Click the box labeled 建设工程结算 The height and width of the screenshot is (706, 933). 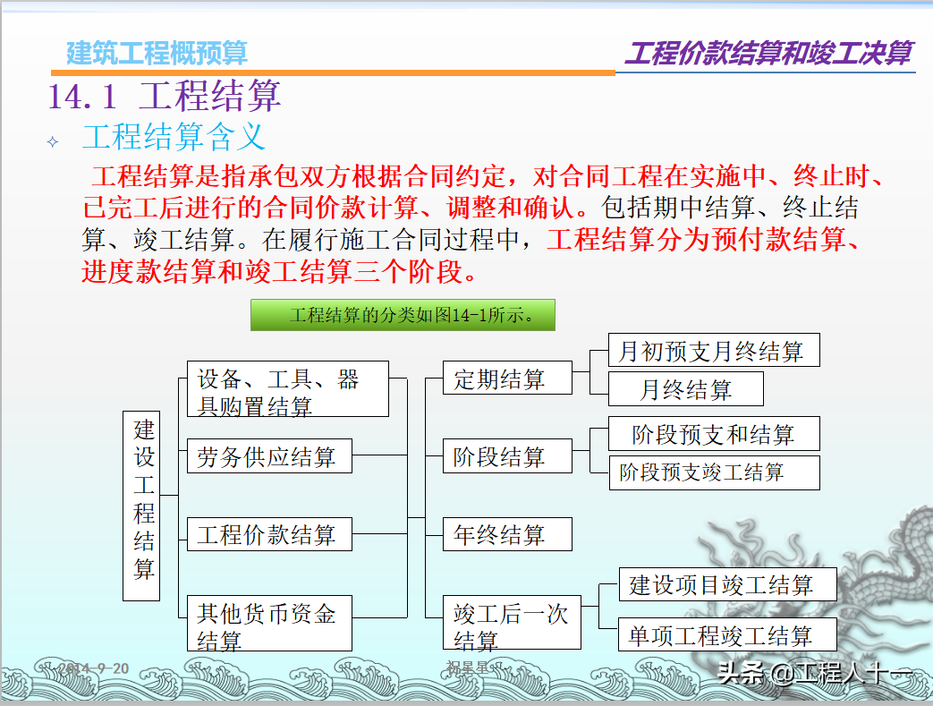coord(141,506)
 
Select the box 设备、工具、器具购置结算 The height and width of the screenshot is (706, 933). coord(288,389)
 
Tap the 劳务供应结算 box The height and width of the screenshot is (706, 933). coord(269,456)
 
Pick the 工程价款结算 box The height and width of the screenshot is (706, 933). coord(269,534)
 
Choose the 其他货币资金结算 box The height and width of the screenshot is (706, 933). coord(269,624)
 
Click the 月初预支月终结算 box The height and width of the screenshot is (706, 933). coord(714,350)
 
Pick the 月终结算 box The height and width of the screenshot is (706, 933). coord(686,389)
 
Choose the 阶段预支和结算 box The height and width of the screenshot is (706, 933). coord(714,434)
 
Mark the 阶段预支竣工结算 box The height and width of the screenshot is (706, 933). coord(714,472)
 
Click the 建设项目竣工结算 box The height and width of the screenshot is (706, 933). coord(727,584)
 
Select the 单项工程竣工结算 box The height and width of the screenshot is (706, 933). coord(727,635)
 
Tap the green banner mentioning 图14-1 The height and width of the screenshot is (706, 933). coord(403,315)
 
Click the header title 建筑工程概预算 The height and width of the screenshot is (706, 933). coord(157,53)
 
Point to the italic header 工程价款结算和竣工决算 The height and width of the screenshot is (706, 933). coord(768,53)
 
